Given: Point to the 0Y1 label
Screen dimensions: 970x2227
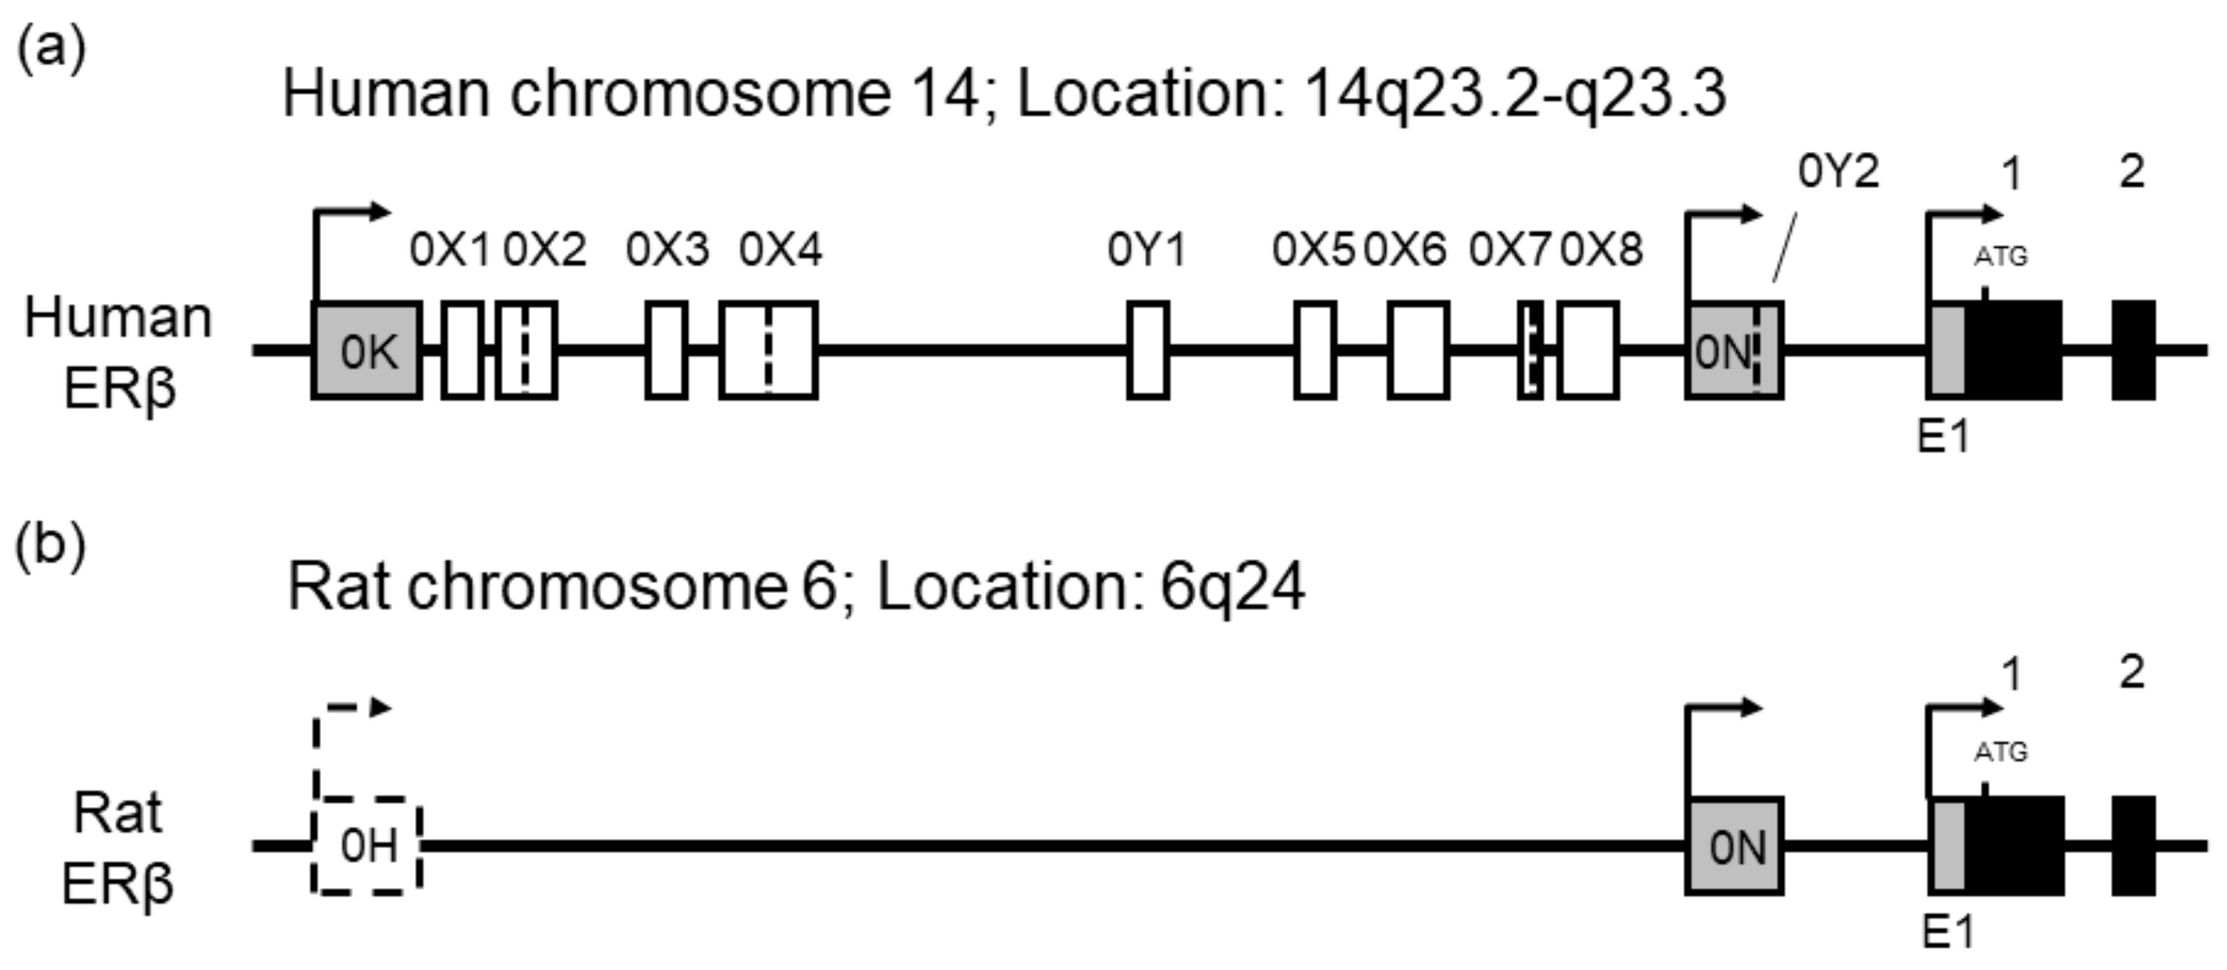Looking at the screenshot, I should [x=1147, y=251].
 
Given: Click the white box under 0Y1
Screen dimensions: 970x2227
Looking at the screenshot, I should [x=1148, y=351].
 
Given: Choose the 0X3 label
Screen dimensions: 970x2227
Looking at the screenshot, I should [x=667, y=251].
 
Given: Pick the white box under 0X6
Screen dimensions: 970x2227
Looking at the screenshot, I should [x=1418, y=351].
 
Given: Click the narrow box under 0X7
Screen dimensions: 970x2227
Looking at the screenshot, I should [x=1530, y=351].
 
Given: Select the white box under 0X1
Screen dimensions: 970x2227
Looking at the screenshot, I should [x=463, y=351].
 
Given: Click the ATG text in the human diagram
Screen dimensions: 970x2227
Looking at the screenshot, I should [x=2000, y=257].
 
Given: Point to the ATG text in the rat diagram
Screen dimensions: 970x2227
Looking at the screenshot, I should [x=2000, y=752].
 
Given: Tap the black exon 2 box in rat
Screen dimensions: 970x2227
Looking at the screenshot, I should [x=2133, y=845].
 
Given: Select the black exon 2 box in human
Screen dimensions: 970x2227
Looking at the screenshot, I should [x=2133, y=351].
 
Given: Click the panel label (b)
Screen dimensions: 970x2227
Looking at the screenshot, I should [x=51, y=545].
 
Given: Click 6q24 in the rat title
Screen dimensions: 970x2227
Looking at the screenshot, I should [x=1232, y=588].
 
